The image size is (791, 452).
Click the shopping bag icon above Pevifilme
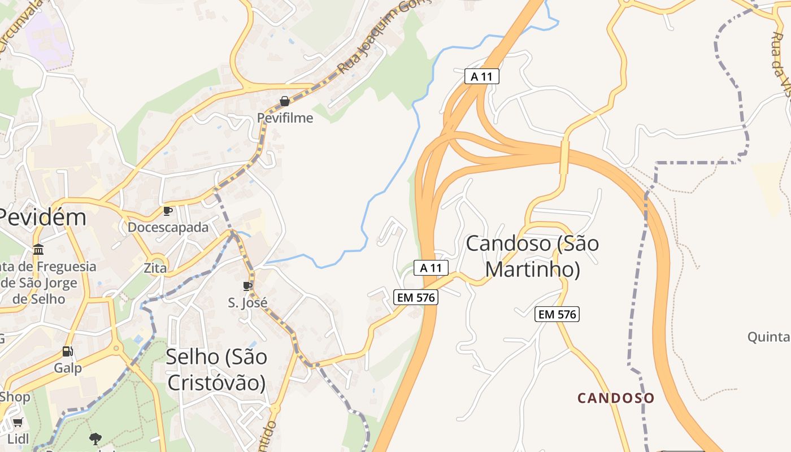point(285,101)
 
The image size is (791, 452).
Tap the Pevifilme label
point(285,118)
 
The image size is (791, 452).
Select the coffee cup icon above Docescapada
point(168,211)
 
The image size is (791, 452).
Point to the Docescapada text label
point(168,227)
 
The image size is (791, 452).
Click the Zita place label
point(155,268)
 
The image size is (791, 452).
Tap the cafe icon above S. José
point(247,286)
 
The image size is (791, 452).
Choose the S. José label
point(247,303)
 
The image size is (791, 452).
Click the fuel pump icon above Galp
point(68,351)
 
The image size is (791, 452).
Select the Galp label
point(68,368)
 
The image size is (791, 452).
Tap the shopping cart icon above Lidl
point(18,423)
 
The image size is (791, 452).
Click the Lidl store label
point(18,438)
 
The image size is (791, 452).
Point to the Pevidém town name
point(42,217)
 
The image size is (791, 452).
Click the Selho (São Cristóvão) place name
point(216,369)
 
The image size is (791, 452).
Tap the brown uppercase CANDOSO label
point(616,398)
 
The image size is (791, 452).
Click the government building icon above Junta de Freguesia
point(38,249)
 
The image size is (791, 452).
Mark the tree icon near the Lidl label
point(95,438)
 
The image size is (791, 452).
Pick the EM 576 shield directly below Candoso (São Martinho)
point(557,315)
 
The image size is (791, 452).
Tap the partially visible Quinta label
point(768,337)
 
